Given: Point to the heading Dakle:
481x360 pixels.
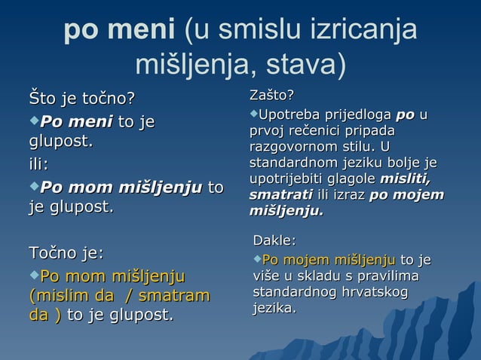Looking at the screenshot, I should (x=274, y=241).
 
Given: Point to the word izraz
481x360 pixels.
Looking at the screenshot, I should (x=347, y=195).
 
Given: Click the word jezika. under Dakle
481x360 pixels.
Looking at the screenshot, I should (x=274, y=308).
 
